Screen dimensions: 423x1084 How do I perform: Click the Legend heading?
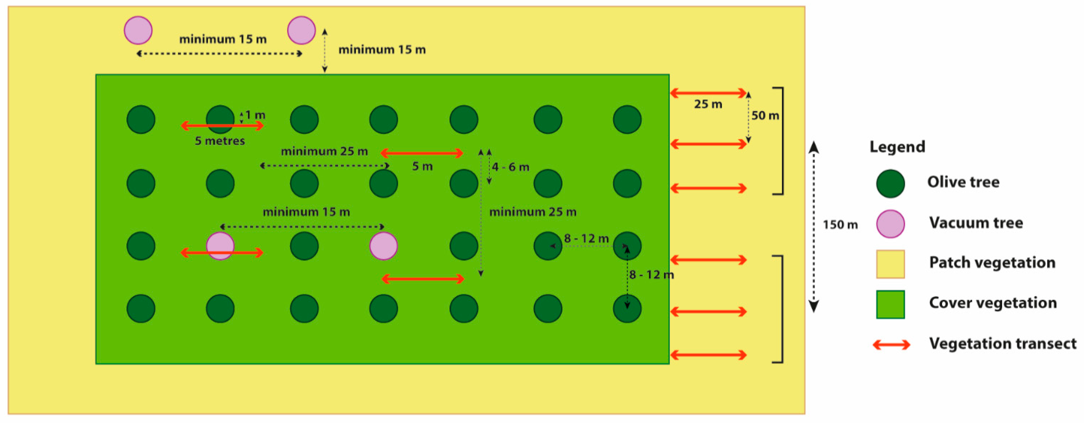click(x=897, y=147)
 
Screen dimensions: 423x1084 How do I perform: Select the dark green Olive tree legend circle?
click(x=890, y=184)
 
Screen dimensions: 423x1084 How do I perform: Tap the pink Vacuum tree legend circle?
click(x=890, y=223)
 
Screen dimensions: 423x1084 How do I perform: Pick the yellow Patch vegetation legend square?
click(x=890, y=264)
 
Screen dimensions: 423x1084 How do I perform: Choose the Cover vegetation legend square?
click(x=890, y=304)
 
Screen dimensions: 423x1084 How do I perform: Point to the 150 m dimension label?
click(x=840, y=225)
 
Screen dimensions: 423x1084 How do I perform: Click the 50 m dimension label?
click(x=765, y=115)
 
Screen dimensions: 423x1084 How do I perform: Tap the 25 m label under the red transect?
click(x=708, y=104)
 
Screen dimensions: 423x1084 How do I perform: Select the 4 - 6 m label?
click(x=510, y=167)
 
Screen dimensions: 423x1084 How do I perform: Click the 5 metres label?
click(x=220, y=140)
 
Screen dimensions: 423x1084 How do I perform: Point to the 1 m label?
click(x=255, y=115)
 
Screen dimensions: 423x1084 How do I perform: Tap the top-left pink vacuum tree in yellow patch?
click(x=138, y=30)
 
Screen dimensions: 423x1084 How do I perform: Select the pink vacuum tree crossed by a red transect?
click(x=220, y=246)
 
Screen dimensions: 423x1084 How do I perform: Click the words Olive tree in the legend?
click(x=963, y=182)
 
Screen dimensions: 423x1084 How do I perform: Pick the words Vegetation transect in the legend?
click(x=1003, y=343)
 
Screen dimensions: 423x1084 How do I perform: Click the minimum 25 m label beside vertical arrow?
click(x=533, y=212)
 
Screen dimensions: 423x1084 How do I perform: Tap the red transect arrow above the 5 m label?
click(x=422, y=153)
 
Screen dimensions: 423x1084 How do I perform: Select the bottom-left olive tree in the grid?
click(x=141, y=309)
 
